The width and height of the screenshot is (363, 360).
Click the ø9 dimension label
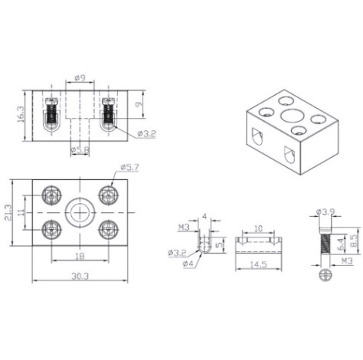pyautogui.click(x=80, y=78)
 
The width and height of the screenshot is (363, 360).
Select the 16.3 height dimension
pyautogui.click(x=21, y=114)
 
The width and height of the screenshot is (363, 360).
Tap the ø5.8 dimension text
pyautogui.click(x=80, y=150)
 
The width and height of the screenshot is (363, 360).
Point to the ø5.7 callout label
pyautogui.click(x=130, y=167)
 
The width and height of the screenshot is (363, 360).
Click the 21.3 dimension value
pyautogui.click(x=8, y=213)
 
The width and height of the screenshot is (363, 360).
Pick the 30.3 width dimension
pyautogui.click(x=80, y=276)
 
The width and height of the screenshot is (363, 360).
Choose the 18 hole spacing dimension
pyautogui.click(x=80, y=256)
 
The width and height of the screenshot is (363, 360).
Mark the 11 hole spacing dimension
pyautogui.click(x=21, y=212)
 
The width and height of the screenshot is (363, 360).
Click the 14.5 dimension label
pyautogui.click(x=258, y=264)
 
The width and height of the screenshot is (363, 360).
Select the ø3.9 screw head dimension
pyautogui.click(x=325, y=211)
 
